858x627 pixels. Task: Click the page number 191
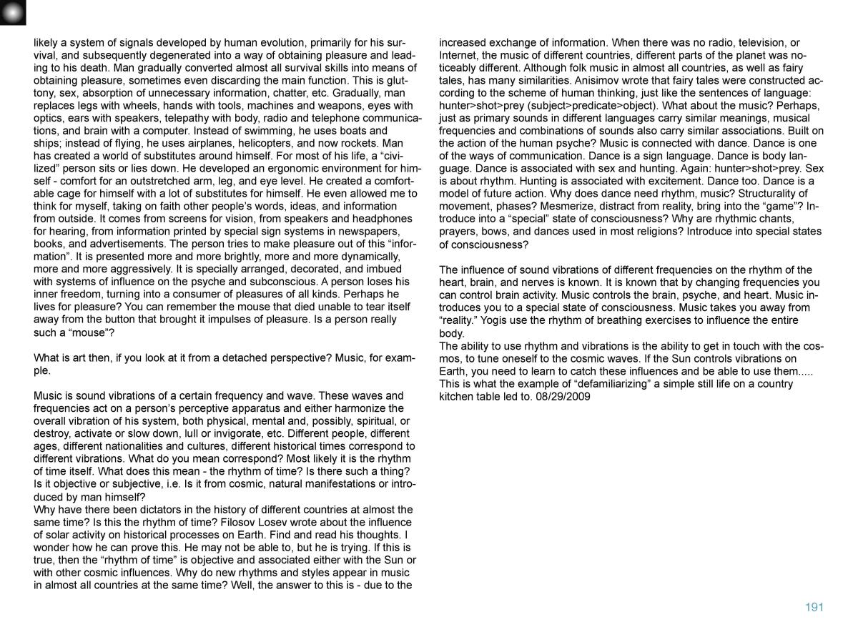point(814,607)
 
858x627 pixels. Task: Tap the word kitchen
point(457,396)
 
